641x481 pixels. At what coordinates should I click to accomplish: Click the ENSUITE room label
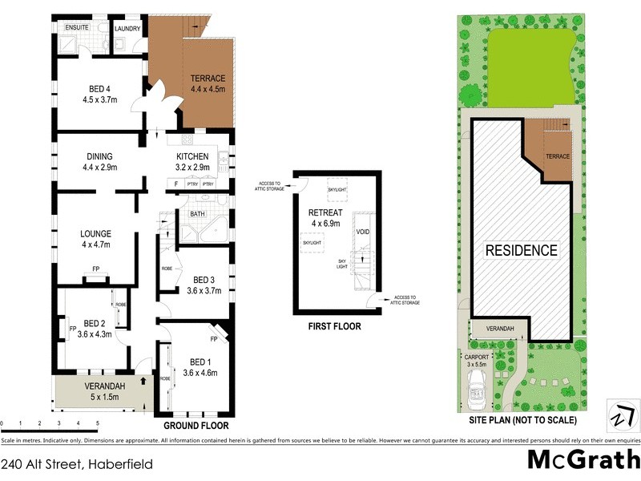[77, 28]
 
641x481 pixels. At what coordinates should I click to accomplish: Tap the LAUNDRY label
[128, 28]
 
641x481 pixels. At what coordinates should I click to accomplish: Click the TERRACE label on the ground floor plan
[208, 79]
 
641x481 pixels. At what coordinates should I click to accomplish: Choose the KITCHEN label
[193, 156]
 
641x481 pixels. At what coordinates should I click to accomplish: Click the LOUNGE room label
[95, 234]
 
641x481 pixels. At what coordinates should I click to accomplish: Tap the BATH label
[196, 214]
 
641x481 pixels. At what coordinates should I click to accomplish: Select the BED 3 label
[203, 279]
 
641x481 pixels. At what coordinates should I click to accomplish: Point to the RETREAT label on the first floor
[325, 212]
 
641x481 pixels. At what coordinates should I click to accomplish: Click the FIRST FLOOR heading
[334, 326]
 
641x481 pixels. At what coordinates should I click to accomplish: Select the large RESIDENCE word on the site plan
[522, 250]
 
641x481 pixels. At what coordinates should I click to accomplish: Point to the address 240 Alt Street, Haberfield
[77, 463]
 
